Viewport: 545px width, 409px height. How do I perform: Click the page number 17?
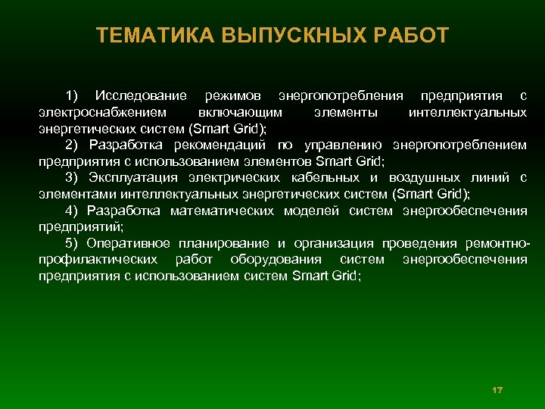pyautogui.click(x=497, y=389)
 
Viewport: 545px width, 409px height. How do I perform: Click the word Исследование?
pyautogui.click(x=141, y=96)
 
